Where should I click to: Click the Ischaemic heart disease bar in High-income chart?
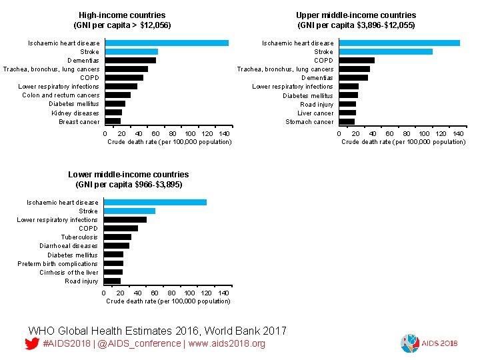[167, 43]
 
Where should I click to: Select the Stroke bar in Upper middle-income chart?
[385, 52]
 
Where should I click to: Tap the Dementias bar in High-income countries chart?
[130, 61]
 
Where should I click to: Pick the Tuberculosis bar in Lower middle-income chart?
[117, 237]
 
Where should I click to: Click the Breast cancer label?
[79, 122]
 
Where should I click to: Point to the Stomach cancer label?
[309, 122]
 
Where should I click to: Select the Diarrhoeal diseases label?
[68, 246]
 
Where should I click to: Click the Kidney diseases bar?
[113, 113]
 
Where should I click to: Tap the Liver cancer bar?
[347, 113]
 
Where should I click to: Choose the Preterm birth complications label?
[57, 264]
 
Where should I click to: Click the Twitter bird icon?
[31, 344]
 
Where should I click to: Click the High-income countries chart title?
[122, 20]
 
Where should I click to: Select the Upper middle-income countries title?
[356, 20]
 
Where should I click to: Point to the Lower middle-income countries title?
[128, 179]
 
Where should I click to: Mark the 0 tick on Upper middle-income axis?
[339, 134]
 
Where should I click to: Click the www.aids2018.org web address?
[226, 344]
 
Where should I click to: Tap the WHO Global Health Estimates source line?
[157, 331]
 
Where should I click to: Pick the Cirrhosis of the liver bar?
[113, 272]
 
